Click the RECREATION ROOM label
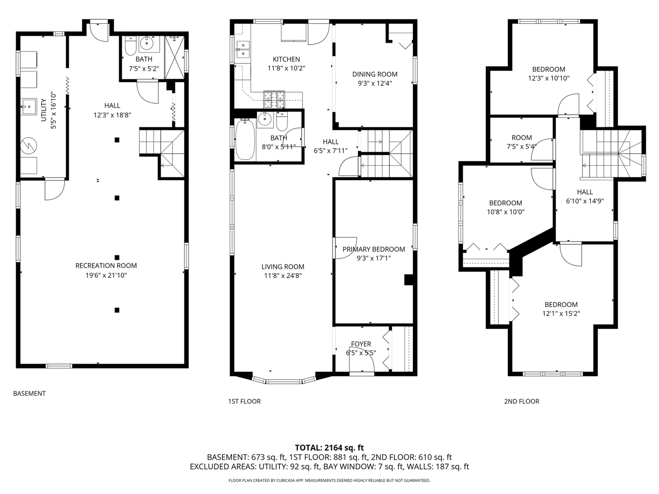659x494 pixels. (106, 266)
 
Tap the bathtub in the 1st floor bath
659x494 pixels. (245, 139)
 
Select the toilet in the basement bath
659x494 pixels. (130, 46)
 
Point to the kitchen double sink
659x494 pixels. (243, 49)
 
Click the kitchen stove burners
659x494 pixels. (274, 99)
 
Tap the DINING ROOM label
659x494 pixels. (375, 75)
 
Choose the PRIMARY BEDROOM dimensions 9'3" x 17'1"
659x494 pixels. (373, 258)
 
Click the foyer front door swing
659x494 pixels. (362, 360)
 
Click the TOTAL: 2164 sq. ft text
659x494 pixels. (329, 448)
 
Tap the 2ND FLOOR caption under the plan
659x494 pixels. (522, 401)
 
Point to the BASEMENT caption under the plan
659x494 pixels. (29, 393)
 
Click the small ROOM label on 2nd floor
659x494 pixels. (522, 138)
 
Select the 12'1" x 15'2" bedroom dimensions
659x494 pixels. (561, 314)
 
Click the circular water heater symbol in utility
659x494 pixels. (28, 146)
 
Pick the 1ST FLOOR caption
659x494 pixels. (244, 401)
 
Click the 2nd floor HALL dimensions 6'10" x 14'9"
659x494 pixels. (585, 201)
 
